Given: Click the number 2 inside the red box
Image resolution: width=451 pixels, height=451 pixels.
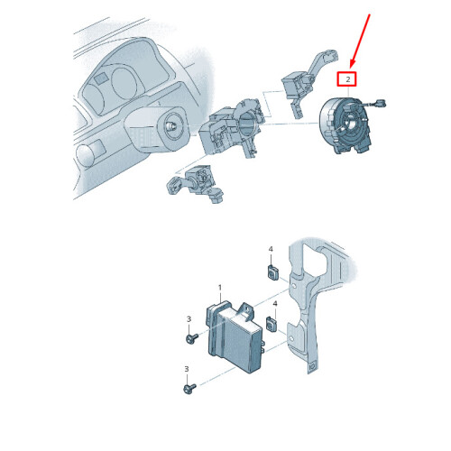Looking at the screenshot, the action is (348, 79).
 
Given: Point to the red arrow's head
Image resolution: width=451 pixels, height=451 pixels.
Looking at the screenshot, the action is (352, 64).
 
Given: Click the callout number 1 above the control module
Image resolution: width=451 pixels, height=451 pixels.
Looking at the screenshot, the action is (220, 288).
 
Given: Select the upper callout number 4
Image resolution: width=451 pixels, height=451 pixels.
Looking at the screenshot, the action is (271, 249).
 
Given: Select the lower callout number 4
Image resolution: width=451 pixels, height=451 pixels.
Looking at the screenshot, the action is (275, 304).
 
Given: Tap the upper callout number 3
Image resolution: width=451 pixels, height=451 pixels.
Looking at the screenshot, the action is (189, 318).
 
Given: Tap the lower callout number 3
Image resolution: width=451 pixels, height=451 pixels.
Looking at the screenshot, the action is (187, 369).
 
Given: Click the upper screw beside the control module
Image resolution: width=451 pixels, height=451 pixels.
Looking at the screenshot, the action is (191, 338).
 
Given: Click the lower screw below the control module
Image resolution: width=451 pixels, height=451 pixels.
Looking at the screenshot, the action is (189, 389).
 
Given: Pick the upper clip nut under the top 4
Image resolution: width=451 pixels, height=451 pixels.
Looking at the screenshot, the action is (273, 272).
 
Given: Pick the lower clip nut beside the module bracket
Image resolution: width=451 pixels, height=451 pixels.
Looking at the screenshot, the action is (272, 324).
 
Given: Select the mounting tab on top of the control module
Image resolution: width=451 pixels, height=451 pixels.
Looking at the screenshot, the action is (245, 310).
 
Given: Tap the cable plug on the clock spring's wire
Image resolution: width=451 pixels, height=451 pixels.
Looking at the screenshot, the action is (380, 103).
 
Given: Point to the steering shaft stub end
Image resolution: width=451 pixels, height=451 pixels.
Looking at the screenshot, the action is (170, 126).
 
